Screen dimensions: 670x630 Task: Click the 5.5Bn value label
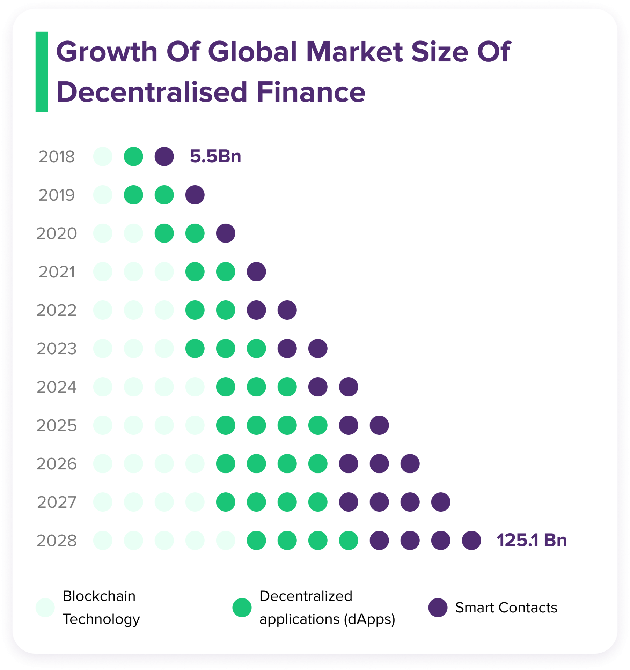click(215, 156)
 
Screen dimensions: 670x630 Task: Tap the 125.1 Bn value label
click(531, 540)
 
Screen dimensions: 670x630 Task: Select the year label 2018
click(57, 157)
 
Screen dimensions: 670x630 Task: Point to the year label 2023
click(57, 349)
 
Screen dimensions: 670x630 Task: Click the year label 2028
click(57, 541)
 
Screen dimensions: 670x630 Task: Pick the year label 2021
click(57, 272)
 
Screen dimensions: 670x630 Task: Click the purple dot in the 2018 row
click(164, 156)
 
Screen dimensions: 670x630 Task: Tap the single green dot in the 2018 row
click(133, 156)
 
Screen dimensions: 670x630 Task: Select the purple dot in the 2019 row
click(195, 195)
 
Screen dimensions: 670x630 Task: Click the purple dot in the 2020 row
click(226, 233)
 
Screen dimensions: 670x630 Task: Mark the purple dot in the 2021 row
click(256, 271)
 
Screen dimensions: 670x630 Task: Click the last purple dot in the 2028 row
click(471, 540)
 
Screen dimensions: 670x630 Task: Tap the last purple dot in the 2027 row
click(441, 502)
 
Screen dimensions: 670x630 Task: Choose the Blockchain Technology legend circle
click(45, 608)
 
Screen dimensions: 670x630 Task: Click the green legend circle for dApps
click(242, 608)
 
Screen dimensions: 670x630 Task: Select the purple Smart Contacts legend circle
click(438, 608)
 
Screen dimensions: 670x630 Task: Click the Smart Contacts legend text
click(506, 608)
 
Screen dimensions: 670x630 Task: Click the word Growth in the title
click(107, 52)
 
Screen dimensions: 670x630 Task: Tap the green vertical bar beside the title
click(42, 72)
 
